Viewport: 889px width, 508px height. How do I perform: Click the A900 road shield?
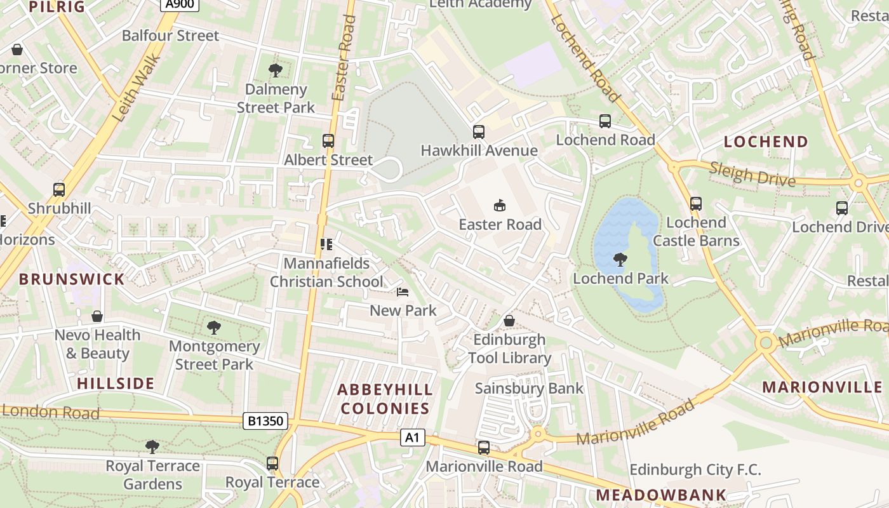point(180,4)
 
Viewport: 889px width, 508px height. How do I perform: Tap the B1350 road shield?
point(265,420)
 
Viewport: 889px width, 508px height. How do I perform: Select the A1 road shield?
point(412,438)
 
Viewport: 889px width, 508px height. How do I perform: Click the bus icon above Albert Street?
point(328,141)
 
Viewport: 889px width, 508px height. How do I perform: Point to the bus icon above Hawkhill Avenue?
point(479,132)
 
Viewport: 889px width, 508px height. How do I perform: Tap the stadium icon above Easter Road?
point(500,205)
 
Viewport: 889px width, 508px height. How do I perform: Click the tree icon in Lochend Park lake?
point(620,259)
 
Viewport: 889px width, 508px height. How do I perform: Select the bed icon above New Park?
point(403,292)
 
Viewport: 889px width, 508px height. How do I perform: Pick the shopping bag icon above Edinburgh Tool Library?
point(509,321)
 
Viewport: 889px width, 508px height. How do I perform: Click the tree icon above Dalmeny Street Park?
point(276,70)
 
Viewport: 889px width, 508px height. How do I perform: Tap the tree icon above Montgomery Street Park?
point(214,328)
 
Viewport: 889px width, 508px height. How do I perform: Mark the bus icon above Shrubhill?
point(59,189)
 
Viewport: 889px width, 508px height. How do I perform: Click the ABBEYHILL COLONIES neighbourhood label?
point(385,399)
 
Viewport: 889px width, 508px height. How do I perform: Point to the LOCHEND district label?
point(766,142)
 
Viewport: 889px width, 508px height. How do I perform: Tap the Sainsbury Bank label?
point(529,388)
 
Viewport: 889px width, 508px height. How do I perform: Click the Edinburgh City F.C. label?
point(695,470)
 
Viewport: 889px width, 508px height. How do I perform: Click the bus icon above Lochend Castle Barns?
point(696,204)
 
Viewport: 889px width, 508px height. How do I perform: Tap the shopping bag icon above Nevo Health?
point(97,316)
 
